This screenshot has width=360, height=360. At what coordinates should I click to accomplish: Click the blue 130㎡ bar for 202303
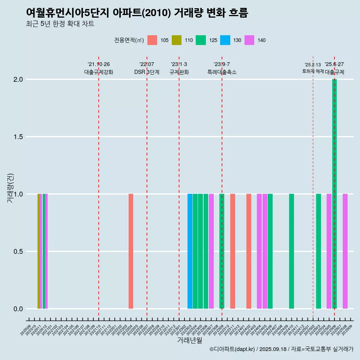[190, 251]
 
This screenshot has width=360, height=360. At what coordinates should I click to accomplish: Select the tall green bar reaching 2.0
[334, 194]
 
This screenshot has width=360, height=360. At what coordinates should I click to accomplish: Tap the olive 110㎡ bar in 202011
[39, 251]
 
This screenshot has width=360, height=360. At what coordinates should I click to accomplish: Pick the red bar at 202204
[131, 251]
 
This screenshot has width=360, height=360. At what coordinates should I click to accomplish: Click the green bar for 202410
[291, 251]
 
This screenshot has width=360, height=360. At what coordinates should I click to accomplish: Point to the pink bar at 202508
[345, 251]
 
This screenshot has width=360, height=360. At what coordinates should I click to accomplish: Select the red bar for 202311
[232, 251]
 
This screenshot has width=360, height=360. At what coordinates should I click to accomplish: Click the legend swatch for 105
[152, 40]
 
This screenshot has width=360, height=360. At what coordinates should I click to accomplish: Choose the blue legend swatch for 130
[225, 40]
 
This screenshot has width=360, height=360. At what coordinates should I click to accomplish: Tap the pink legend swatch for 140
[249, 40]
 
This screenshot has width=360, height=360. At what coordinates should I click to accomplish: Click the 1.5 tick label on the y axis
[18, 137]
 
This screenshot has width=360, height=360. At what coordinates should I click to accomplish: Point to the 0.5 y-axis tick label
[18, 252]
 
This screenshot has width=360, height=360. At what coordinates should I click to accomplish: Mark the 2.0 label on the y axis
[18, 79]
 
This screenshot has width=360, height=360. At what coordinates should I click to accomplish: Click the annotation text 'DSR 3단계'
[147, 72]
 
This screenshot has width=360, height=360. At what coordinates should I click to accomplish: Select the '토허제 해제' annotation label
[313, 71]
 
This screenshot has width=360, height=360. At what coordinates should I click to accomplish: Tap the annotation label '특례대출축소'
[222, 72]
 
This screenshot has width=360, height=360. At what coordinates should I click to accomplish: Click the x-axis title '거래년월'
[189, 340]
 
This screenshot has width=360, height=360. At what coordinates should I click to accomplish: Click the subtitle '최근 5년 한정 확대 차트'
[60, 24]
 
